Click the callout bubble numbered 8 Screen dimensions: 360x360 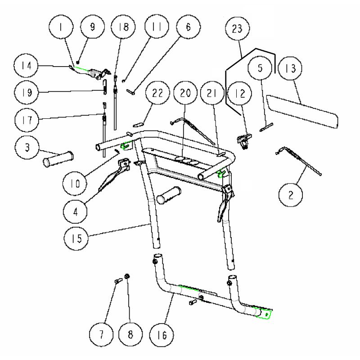[131, 335]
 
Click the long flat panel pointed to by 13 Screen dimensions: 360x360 [301, 111]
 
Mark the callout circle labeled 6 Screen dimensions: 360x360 [188, 27]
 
